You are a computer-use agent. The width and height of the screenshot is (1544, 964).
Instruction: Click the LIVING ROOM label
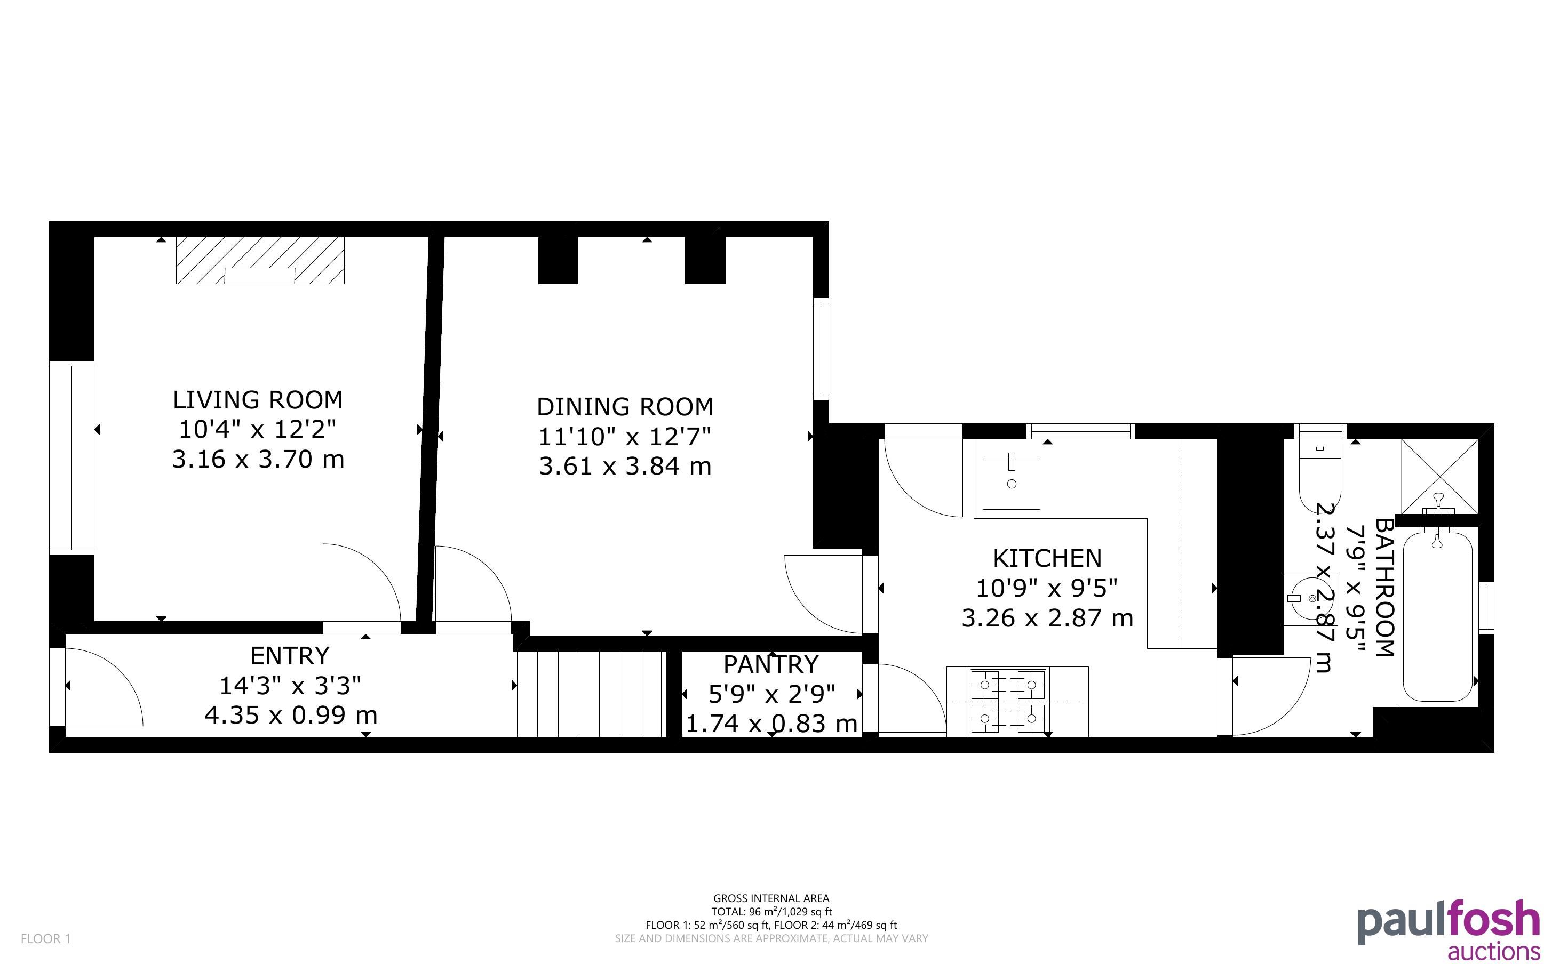pos(258,400)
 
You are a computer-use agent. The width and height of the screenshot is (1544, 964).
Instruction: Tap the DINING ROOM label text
pos(625,407)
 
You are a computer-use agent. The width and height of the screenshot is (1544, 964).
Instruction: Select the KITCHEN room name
pos(1047,558)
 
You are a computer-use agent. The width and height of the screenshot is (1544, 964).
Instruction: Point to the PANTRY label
pos(771,664)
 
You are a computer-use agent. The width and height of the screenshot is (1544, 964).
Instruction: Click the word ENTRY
pos(290,655)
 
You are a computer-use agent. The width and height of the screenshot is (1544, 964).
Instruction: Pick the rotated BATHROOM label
pos(1384,587)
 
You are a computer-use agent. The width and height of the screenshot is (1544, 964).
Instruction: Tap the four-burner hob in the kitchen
pos(1008,701)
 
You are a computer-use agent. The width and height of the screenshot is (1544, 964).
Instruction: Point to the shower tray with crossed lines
pos(1439,476)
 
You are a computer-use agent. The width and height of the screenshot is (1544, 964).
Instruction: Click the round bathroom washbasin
pos(1308,598)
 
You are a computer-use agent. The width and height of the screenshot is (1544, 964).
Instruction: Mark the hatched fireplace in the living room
pos(260,260)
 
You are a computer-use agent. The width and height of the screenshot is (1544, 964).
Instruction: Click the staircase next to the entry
pos(591,694)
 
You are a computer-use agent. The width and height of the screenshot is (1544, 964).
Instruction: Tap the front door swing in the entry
pos(104,687)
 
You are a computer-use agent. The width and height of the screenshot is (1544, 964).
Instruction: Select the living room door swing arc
pos(362,582)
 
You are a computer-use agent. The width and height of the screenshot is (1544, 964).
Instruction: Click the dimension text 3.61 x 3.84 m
pos(625,466)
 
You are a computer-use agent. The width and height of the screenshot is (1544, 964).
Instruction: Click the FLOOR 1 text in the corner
pos(46,938)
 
